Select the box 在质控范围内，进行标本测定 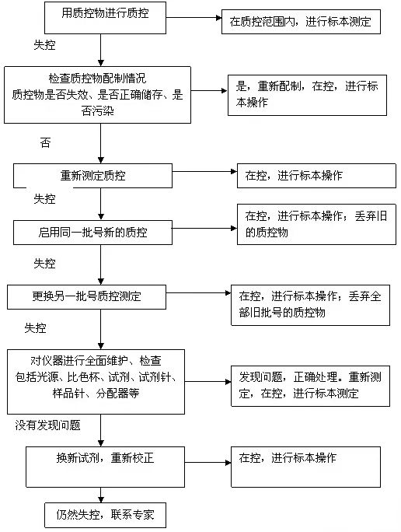tap(300, 22)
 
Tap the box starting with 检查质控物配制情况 tap(97, 94)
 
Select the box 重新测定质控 tap(101, 175)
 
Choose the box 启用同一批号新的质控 tap(101, 231)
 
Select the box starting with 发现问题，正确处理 tap(310, 386)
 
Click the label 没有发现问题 tap(47, 425)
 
